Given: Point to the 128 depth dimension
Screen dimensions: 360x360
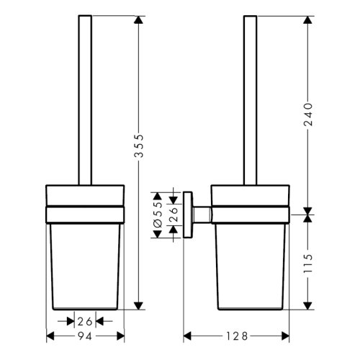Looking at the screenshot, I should tap(237, 336).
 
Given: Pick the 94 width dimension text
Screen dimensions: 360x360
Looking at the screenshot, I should tap(86, 336).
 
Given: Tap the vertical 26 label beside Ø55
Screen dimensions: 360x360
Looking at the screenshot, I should tap(173, 214).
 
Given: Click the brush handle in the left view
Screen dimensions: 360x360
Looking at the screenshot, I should tap(86, 101).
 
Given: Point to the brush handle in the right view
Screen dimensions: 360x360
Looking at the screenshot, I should tap(250, 101).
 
